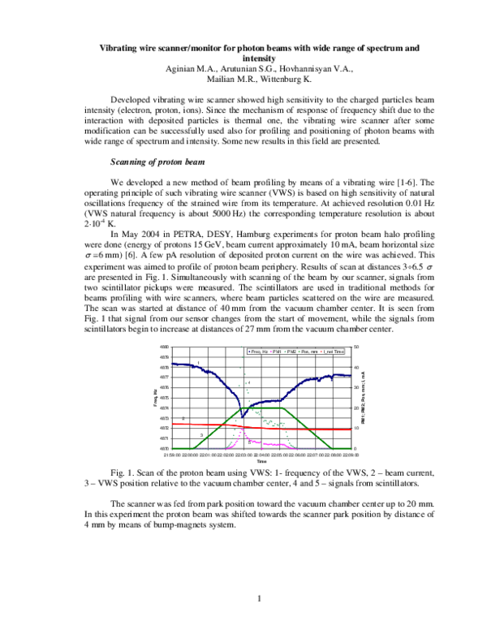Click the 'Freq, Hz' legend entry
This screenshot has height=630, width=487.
click(x=259, y=350)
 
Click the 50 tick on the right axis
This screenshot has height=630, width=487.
click(x=356, y=347)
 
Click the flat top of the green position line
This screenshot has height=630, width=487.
click(x=260, y=408)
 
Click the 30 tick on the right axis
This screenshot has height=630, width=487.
click(x=356, y=387)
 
